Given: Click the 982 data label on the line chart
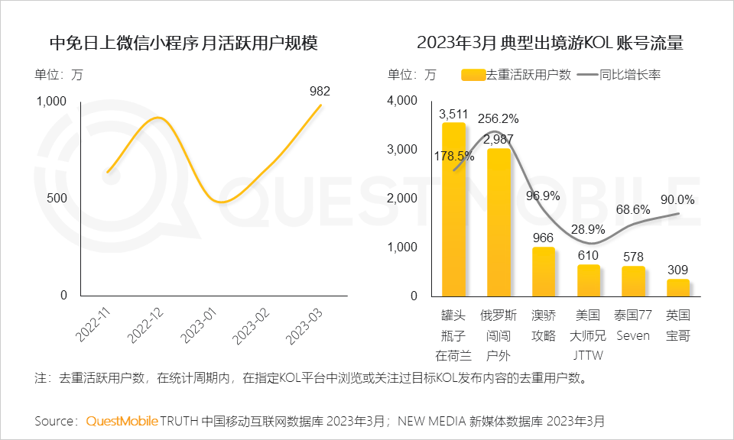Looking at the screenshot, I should coord(320,92).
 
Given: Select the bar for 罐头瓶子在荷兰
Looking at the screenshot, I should coord(453,210).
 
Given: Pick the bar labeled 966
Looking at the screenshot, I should coord(543,271).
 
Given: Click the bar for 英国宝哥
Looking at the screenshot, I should coord(677,287).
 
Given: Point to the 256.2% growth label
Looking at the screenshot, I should coord(498,118).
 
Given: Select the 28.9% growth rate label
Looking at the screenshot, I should coord(588,229).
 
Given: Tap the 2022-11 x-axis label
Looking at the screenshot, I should coord(94,325).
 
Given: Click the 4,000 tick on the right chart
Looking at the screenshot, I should coord(402,101).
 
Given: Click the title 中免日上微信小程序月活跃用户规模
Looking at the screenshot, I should coord(183,43).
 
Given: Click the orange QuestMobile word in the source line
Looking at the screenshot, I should coord(122,421).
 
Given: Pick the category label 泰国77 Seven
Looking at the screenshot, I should coord(632,325).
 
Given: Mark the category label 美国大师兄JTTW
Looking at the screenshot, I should coord(587,335).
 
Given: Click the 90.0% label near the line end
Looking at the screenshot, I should coord(677,200).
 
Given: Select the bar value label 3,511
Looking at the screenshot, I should coord(453,114).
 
